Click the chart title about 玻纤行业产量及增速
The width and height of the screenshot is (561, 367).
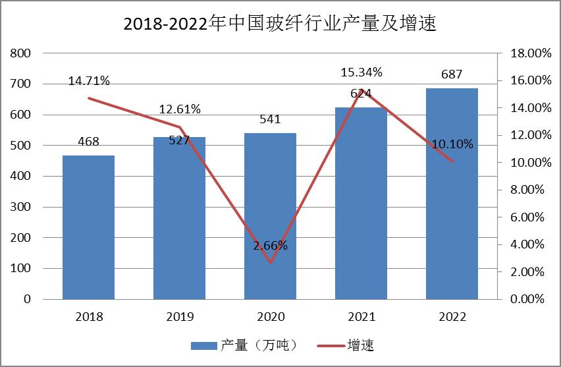(280, 23)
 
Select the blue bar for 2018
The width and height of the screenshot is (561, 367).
(88, 227)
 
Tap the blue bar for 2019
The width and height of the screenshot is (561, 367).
(179, 218)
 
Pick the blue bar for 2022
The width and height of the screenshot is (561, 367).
(452, 194)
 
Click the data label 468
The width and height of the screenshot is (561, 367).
(88, 142)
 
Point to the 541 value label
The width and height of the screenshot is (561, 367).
(270, 119)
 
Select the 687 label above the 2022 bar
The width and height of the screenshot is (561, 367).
(452, 74)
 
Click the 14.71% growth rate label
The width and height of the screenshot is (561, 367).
(89, 81)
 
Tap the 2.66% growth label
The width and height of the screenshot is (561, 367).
(270, 246)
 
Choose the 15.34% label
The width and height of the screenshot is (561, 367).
(361, 72)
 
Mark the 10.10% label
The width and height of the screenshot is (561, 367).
(452, 144)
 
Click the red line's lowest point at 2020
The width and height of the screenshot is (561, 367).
(271, 263)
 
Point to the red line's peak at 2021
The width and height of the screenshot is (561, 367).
(361, 90)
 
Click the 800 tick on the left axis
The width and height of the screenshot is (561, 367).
(20, 53)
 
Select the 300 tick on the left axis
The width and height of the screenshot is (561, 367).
(20, 207)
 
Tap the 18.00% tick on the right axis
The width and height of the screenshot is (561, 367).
(531, 53)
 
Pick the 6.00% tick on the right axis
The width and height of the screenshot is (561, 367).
(527, 217)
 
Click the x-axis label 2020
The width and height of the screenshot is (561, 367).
(271, 317)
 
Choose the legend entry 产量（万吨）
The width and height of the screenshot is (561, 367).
(244, 345)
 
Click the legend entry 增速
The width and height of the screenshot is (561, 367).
(346, 345)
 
